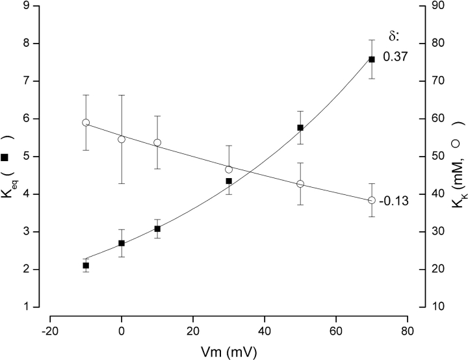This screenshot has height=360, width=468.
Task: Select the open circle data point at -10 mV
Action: click(86, 122)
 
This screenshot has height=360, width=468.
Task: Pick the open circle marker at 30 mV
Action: click(229, 170)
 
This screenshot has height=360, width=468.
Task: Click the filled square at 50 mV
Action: click(300, 127)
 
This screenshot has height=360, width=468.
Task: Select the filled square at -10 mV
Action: click(86, 265)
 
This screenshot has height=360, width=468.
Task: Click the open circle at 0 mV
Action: click(122, 139)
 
